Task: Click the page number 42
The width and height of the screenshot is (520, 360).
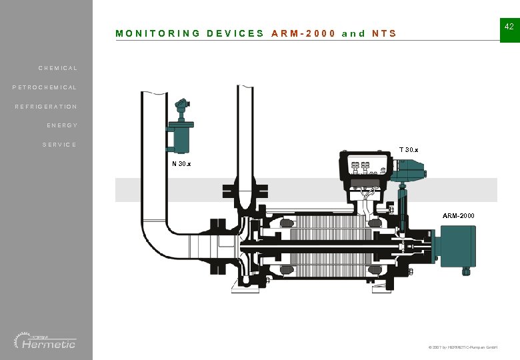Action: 509,27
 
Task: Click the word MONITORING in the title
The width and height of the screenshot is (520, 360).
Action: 157,33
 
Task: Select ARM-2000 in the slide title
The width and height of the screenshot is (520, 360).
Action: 303,33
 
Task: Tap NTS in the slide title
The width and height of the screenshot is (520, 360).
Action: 384,33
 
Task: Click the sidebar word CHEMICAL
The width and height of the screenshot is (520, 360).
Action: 57,68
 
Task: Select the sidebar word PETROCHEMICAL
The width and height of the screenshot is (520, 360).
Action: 45,87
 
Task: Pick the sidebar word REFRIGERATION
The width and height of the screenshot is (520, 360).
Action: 46,107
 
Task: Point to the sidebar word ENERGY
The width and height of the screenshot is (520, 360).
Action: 62,125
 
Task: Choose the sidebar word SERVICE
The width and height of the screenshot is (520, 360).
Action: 59,145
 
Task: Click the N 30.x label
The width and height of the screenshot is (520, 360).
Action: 181,164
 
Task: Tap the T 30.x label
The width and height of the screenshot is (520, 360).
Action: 409,149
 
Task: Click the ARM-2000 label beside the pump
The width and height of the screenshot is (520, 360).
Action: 459,216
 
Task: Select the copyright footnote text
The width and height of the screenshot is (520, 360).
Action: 463,348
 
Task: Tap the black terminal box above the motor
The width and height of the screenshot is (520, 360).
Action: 365,167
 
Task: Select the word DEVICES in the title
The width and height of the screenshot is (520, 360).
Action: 235,33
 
